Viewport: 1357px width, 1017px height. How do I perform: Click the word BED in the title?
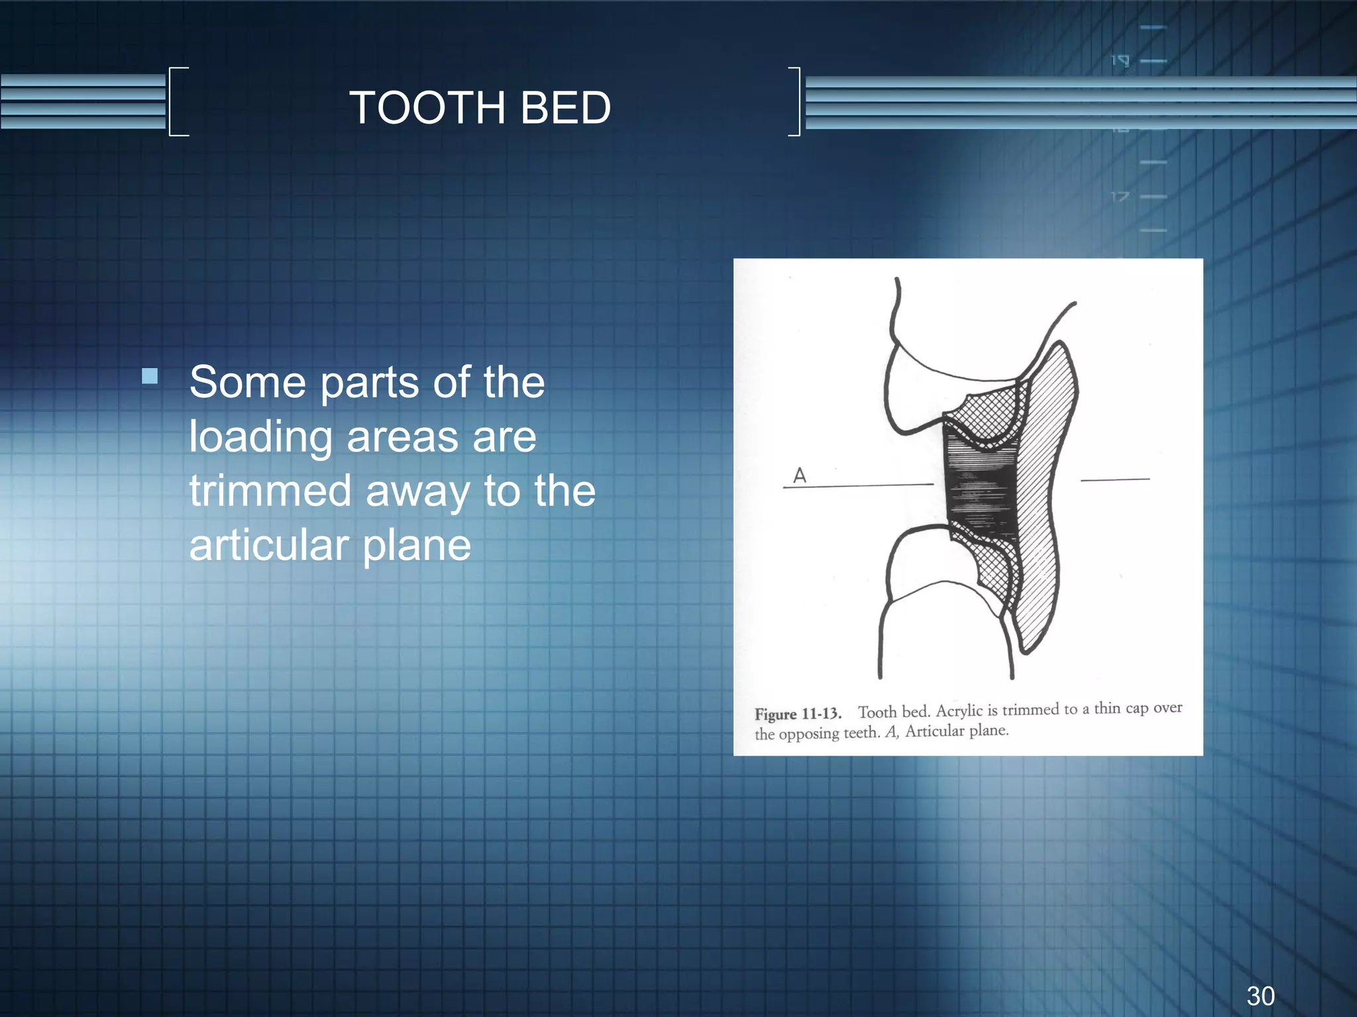(x=565, y=108)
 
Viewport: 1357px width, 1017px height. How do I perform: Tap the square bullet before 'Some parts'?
(x=150, y=377)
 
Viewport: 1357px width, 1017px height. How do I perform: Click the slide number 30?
(x=1260, y=996)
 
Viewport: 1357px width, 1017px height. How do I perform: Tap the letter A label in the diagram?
(x=800, y=475)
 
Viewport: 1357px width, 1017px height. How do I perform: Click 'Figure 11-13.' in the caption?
(x=798, y=714)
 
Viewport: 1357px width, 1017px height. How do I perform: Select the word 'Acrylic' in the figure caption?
(x=959, y=711)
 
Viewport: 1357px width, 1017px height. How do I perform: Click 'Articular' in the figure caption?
(x=934, y=732)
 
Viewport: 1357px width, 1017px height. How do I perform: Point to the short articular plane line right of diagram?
(x=1115, y=479)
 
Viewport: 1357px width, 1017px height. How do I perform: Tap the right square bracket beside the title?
(x=796, y=101)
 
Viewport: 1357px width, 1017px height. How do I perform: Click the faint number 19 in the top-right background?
(x=1120, y=61)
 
